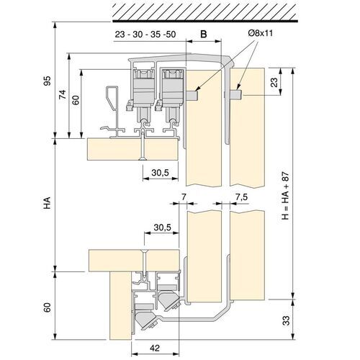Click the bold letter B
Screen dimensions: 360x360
pyautogui.click(x=203, y=33)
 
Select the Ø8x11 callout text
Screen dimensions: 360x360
pyautogui.click(x=257, y=32)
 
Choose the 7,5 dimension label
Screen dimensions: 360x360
pyautogui.click(x=241, y=197)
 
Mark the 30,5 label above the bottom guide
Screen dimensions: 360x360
pyautogui.click(x=163, y=228)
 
